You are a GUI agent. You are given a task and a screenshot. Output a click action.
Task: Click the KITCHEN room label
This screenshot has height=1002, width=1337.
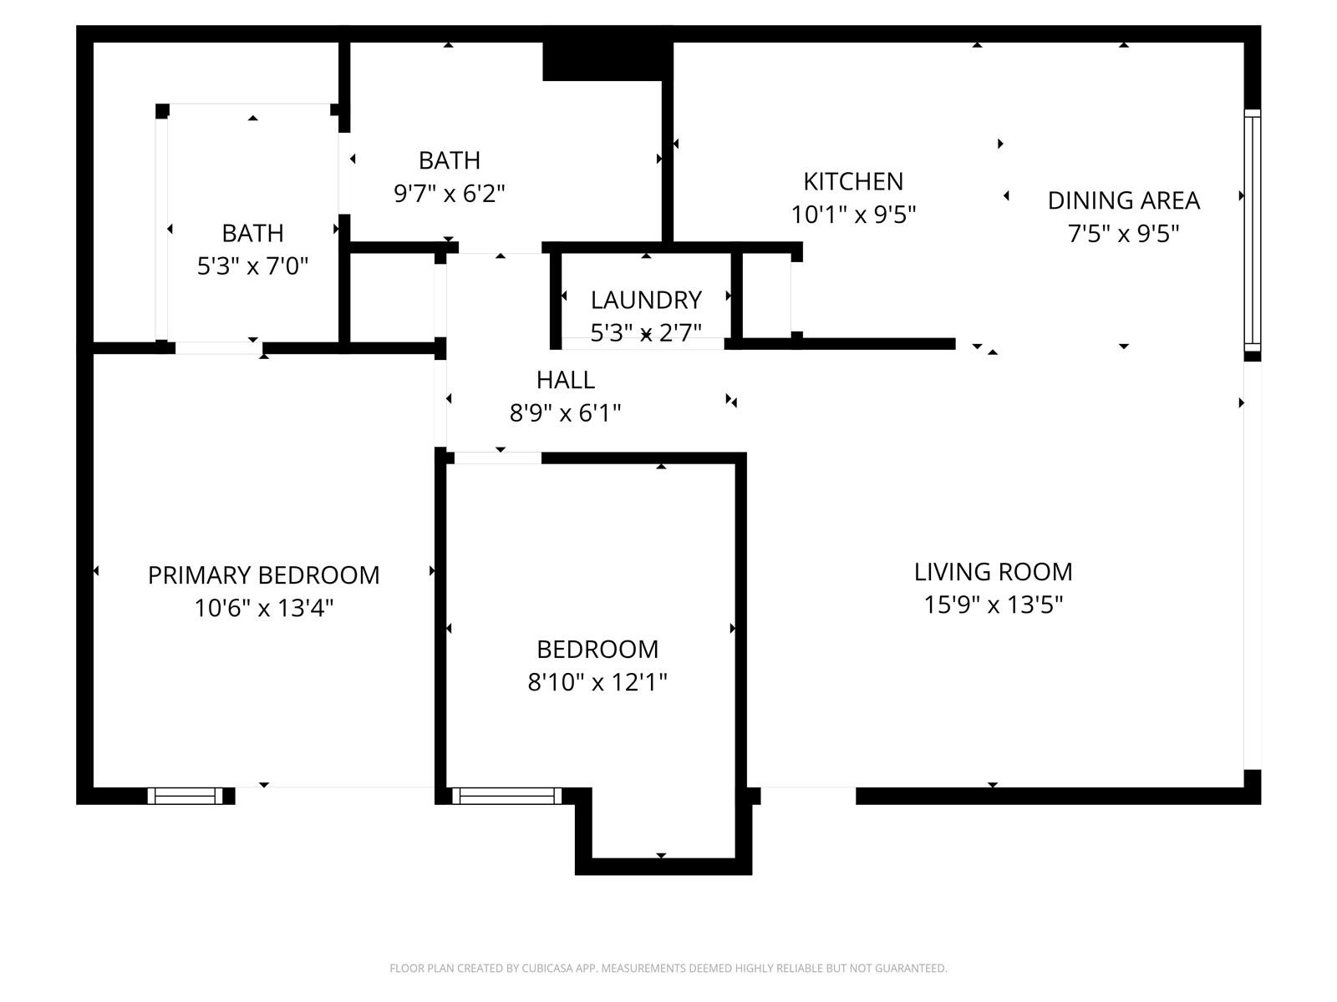tap(853, 181)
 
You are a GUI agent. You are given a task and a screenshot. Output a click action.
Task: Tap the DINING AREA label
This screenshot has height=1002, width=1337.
tap(1123, 200)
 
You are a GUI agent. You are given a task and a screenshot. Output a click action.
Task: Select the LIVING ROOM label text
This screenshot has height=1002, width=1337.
tap(993, 572)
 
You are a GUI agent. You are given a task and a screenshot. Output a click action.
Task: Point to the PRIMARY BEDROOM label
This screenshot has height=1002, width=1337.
tap(264, 575)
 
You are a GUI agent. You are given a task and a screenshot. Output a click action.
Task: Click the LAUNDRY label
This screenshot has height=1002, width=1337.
tap(646, 300)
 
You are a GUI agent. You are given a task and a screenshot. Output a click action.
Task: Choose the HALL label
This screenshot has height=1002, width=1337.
tap(565, 380)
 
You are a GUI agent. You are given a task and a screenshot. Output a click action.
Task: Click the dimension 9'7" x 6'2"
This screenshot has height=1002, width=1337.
tap(450, 194)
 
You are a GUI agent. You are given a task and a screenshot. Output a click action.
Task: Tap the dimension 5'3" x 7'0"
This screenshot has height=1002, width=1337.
tap(253, 266)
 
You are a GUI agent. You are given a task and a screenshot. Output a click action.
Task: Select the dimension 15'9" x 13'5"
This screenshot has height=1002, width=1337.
tap(993, 605)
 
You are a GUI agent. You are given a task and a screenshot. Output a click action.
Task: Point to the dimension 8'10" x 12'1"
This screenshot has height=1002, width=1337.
tap(597, 682)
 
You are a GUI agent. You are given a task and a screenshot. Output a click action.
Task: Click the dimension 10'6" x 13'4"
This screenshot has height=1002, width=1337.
tap(264, 608)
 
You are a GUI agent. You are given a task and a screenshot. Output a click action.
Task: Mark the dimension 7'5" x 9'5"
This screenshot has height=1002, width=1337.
tap(1123, 233)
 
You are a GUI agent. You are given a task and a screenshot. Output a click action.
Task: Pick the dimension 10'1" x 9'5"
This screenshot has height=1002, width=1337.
tap(853, 214)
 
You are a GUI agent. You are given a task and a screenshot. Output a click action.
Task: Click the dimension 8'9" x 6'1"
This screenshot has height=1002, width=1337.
tap(565, 413)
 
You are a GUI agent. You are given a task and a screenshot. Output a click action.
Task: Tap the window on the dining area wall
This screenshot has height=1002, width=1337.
tap(1252, 230)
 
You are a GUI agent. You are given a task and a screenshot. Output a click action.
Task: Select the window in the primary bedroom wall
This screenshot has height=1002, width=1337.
tap(186, 796)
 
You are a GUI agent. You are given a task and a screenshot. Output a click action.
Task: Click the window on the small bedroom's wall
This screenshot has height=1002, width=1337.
tap(506, 796)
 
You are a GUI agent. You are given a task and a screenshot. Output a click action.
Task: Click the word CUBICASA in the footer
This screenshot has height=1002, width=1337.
tap(547, 968)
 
